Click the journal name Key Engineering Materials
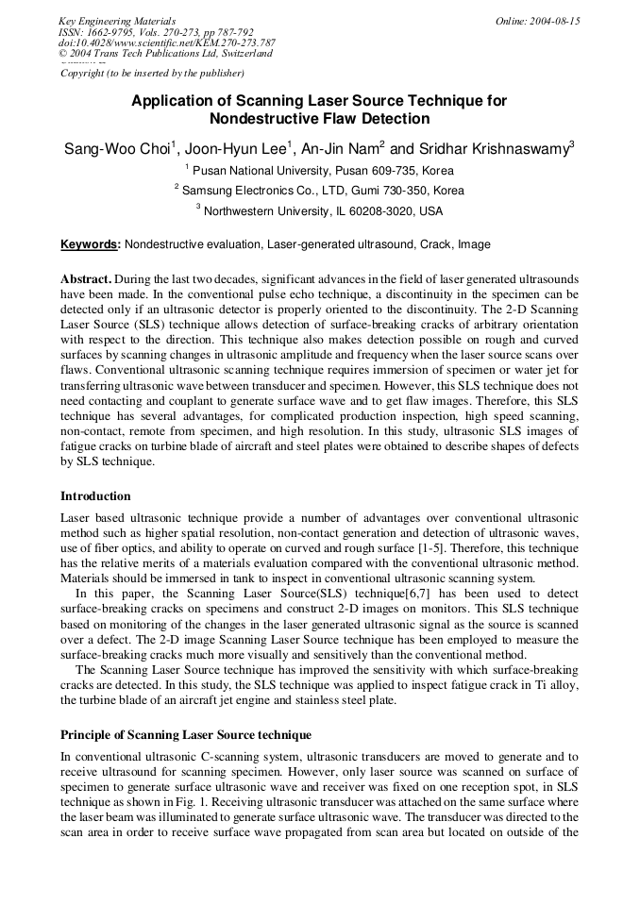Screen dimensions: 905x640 click(x=117, y=21)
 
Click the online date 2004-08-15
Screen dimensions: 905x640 click(x=537, y=21)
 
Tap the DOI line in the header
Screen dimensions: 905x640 click(x=167, y=42)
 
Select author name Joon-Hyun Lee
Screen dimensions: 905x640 click(x=239, y=149)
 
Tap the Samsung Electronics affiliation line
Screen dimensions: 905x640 click(x=321, y=191)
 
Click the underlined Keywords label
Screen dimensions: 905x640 click(x=91, y=244)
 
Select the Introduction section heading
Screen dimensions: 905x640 click(x=95, y=495)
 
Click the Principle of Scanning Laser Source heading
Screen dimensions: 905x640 click(x=186, y=734)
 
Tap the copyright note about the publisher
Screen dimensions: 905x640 click(x=152, y=73)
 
